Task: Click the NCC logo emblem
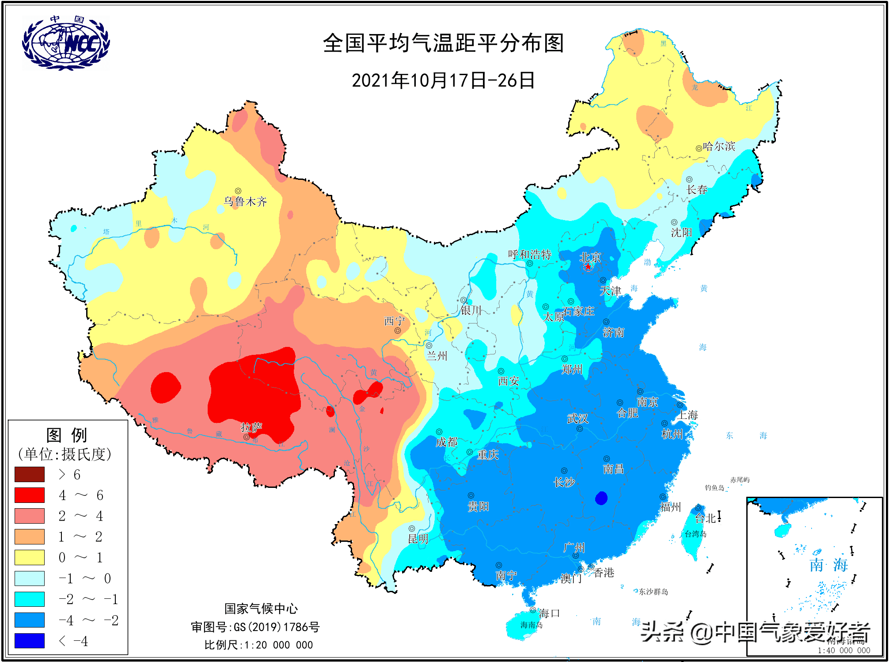coord(66,43)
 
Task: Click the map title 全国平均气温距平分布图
coord(443,43)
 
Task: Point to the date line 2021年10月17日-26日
coord(443,80)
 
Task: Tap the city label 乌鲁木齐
coord(245,202)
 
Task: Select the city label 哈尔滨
coord(719,146)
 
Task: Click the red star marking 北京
coord(588,267)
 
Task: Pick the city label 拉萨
coord(251,427)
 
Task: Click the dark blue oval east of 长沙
coord(601,498)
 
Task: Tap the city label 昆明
coord(418,539)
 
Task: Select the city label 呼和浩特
coord(529,255)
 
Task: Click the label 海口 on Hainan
coord(549,613)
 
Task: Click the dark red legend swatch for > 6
coord(30,474)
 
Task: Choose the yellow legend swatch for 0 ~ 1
coord(30,557)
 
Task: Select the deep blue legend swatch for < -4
coord(30,640)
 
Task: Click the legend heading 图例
coord(67,435)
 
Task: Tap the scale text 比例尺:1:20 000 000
coord(258,645)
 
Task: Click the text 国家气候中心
coord(261,609)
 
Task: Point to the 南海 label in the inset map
coord(828,565)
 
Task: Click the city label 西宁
coord(394,321)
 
